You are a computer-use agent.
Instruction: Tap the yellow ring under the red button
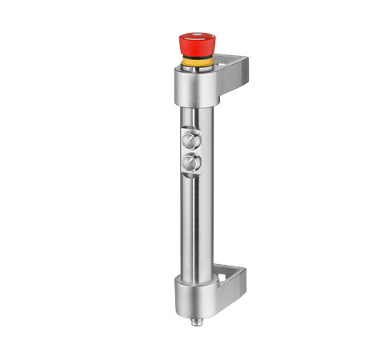(x=195, y=62)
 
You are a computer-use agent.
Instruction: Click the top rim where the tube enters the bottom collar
(x=194, y=278)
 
